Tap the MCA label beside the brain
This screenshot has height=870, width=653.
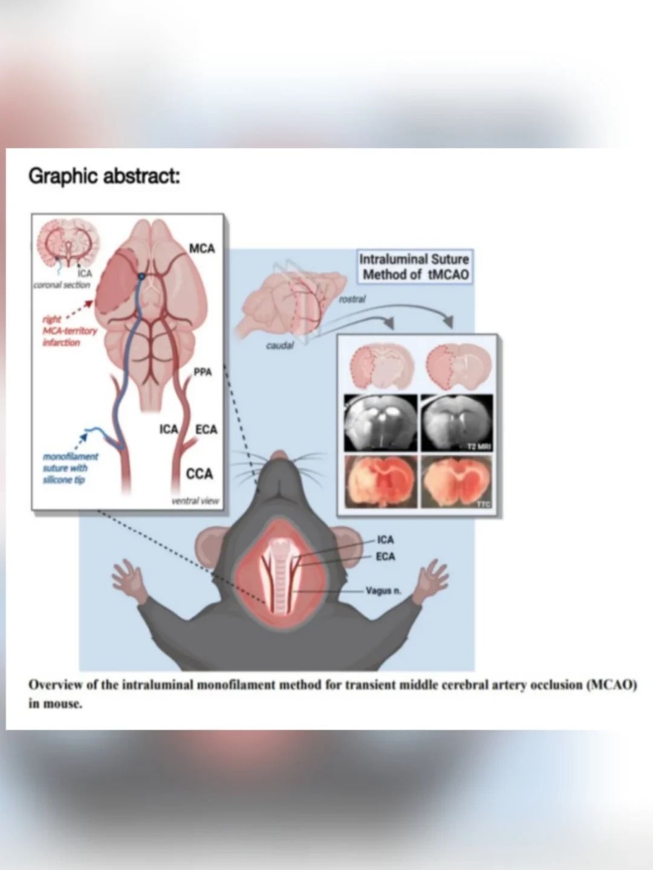pyautogui.click(x=201, y=248)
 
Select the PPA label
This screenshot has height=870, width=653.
pyautogui.click(x=203, y=372)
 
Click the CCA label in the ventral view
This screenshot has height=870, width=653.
pyautogui.click(x=200, y=474)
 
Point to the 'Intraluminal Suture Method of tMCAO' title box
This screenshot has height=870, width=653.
pyautogui.click(x=414, y=266)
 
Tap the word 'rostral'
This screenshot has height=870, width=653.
pyautogui.click(x=352, y=298)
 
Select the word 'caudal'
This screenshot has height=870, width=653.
pyautogui.click(x=279, y=346)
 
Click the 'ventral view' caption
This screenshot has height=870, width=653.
pyautogui.click(x=195, y=501)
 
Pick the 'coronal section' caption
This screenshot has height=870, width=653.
pyautogui.click(x=62, y=285)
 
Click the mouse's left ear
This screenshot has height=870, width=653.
pyautogui.click(x=213, y=541)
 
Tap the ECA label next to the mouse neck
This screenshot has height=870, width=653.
pyautogui.click(x=385, y=556)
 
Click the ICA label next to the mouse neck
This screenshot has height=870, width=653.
pyautogui.click(x=385, y=540)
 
